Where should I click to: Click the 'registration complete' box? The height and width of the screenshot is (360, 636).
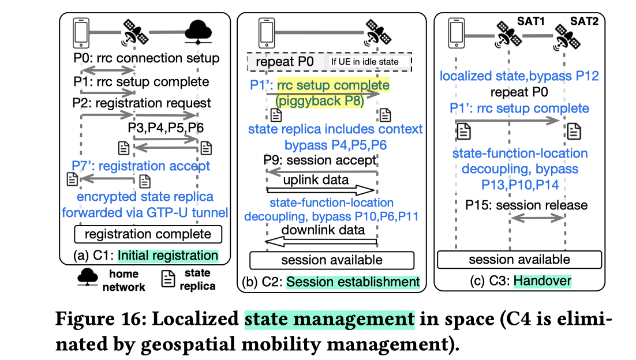pos(147,234)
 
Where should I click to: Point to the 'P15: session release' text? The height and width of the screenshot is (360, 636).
pos(527,205)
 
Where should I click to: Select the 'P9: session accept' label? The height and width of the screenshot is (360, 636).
pos(320,159)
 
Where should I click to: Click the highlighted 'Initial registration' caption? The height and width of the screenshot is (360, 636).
pos(168,256)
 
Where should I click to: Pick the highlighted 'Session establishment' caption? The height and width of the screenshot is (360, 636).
pos(353,282)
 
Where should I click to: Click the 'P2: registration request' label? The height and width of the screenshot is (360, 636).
pos(143,104)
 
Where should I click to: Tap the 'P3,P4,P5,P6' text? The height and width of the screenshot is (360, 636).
pos(164,127)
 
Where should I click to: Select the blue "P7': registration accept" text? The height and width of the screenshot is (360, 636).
pos(141,166)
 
